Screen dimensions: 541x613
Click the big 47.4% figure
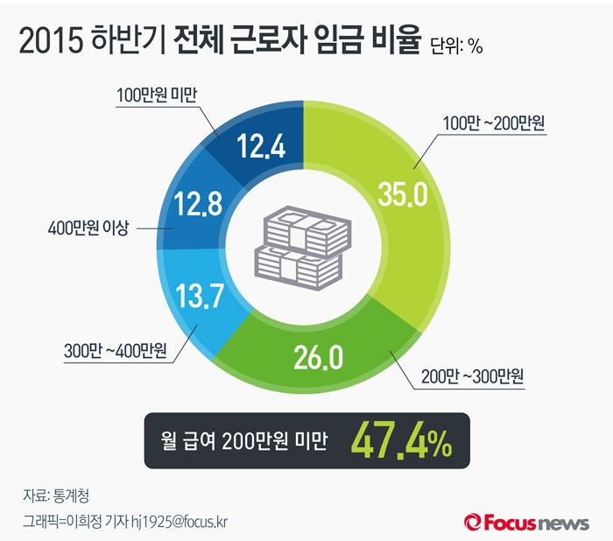pyautogui.click(x=402, y=442)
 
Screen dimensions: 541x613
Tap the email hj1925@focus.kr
pyautogui.click(x=185, y=521)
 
